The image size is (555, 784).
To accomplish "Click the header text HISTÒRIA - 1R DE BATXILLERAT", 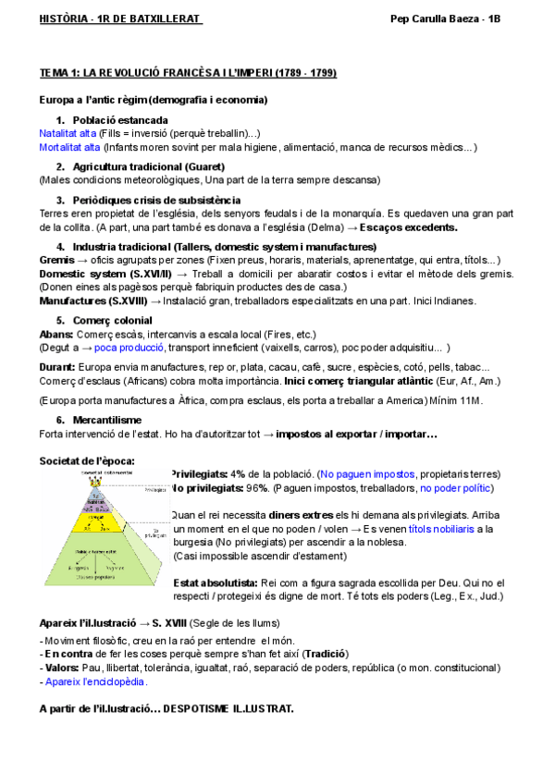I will [x=120, y=18].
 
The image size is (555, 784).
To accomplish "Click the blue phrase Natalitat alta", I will [x=68, y=133].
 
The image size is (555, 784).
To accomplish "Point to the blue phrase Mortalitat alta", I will [x=70, y=147].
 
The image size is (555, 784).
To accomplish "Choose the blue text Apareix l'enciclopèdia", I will [x=96, y=680].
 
